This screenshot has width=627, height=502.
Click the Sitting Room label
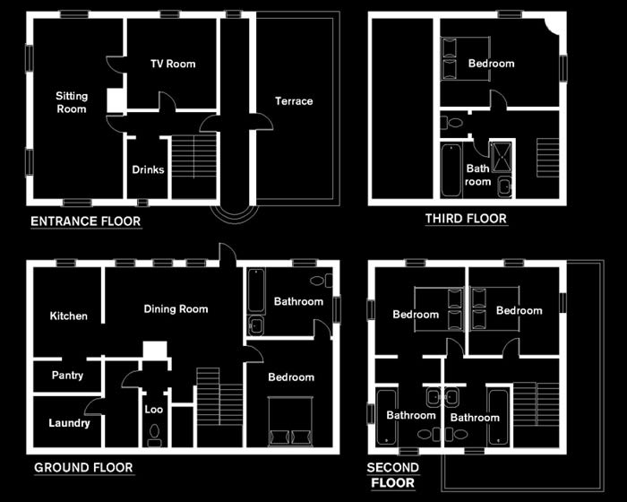[72, 102]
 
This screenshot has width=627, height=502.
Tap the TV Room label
[172, 64]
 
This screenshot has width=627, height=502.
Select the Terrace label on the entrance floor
[294, 100]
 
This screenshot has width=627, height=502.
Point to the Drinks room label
[148, 169]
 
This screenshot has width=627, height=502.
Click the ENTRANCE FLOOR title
[85, 221]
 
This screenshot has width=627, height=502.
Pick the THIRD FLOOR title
[466, 219]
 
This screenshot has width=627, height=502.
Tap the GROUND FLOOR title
[83, 467]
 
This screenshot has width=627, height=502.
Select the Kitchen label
[69, 316]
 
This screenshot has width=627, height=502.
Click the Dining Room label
[176, 309]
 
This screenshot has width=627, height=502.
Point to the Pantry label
[67, 376]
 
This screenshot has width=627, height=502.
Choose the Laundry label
[69, 423]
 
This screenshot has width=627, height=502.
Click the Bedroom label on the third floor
[492, 64]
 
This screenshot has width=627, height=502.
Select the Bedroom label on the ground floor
[291, 377]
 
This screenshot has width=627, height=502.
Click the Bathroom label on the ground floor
[298, 301]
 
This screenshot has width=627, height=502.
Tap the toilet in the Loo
[153, 435]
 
